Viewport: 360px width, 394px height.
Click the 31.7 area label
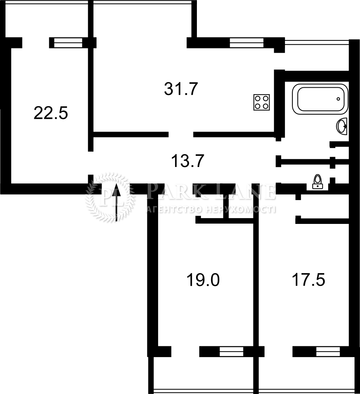[181, 89]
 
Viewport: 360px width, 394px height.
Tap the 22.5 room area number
[51, 113]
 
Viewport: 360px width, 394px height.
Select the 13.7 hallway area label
[187, 161]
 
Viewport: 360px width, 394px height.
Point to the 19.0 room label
[203, 280]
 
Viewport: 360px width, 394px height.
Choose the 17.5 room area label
[308, 280]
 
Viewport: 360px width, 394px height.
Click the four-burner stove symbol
[262, 102]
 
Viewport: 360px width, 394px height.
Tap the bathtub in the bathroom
[320, 99]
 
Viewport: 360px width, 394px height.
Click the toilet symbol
[318, 182]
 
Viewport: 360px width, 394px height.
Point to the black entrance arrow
[116, 202]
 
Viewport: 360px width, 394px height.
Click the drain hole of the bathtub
[338, 99]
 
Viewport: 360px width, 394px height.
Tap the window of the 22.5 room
[68, 43]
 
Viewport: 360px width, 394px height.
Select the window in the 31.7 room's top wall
[247, 43]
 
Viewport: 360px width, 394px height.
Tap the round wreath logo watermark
[110, 198]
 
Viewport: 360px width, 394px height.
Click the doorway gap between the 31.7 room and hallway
[181, 134]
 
